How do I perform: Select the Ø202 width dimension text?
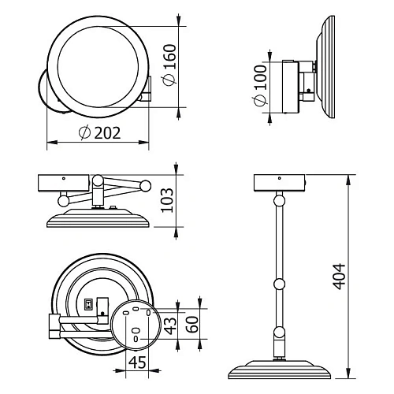point(100,132)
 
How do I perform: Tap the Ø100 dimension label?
point(260,91)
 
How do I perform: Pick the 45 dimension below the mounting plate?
point(137,363)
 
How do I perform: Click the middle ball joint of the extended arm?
point(279,284)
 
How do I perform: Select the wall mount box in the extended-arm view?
point(279,183)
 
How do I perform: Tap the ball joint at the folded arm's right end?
point(145,186)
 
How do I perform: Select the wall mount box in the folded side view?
point(64,184)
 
